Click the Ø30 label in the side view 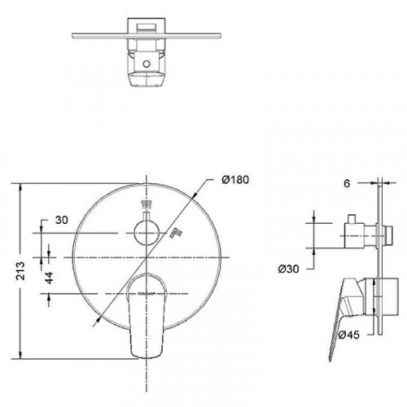tap(287, 265)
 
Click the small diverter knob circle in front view tap(147, 233)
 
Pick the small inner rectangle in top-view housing tap(147, 30)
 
